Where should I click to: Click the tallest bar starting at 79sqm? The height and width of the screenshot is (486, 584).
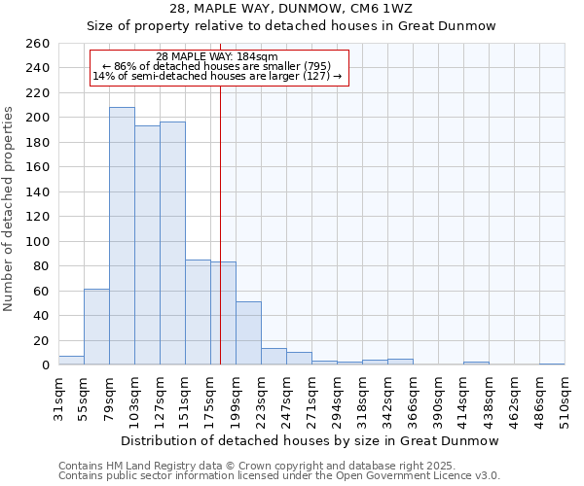[122, 236]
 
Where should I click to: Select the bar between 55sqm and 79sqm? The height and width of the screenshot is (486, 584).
[96, 327]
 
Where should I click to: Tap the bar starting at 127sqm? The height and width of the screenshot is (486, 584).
[172, 243]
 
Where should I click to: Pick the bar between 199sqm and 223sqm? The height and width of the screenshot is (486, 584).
[248, 333]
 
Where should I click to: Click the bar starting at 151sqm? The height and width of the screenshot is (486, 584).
[198, 312]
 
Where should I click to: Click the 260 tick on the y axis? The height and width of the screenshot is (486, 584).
[39, 44]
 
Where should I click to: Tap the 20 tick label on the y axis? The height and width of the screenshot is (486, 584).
[42, 340]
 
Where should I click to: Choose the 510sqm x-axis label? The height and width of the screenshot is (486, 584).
[565, 399]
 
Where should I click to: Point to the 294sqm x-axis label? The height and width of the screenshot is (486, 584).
[337, 399]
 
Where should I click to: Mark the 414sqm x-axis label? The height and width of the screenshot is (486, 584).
[463, 399]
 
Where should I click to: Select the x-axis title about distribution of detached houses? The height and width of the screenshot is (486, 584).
[310, 440]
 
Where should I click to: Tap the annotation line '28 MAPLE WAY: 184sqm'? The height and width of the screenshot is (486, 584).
[217, 56]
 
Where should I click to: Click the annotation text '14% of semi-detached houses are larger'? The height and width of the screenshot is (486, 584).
[217, 77]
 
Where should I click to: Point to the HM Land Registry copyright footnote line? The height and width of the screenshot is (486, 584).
[271, 466]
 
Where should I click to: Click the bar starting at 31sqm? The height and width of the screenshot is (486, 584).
[71, 361]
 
